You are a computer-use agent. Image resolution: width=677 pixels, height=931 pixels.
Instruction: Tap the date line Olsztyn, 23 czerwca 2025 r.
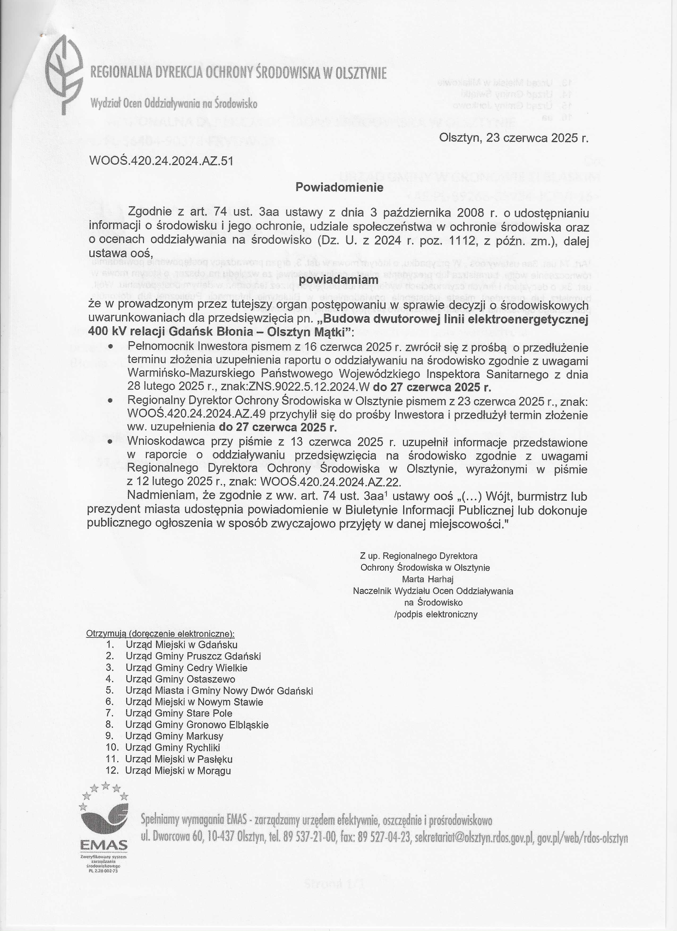[514, 138]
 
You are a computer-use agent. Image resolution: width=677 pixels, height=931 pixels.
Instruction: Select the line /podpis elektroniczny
[436, 614]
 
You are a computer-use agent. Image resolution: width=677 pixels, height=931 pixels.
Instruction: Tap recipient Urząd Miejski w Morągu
[178, 770]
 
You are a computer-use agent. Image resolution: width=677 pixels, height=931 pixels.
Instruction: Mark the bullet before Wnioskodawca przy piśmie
[110, 442]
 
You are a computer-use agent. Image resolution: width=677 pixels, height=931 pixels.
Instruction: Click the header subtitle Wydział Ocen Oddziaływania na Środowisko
[174, 104]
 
